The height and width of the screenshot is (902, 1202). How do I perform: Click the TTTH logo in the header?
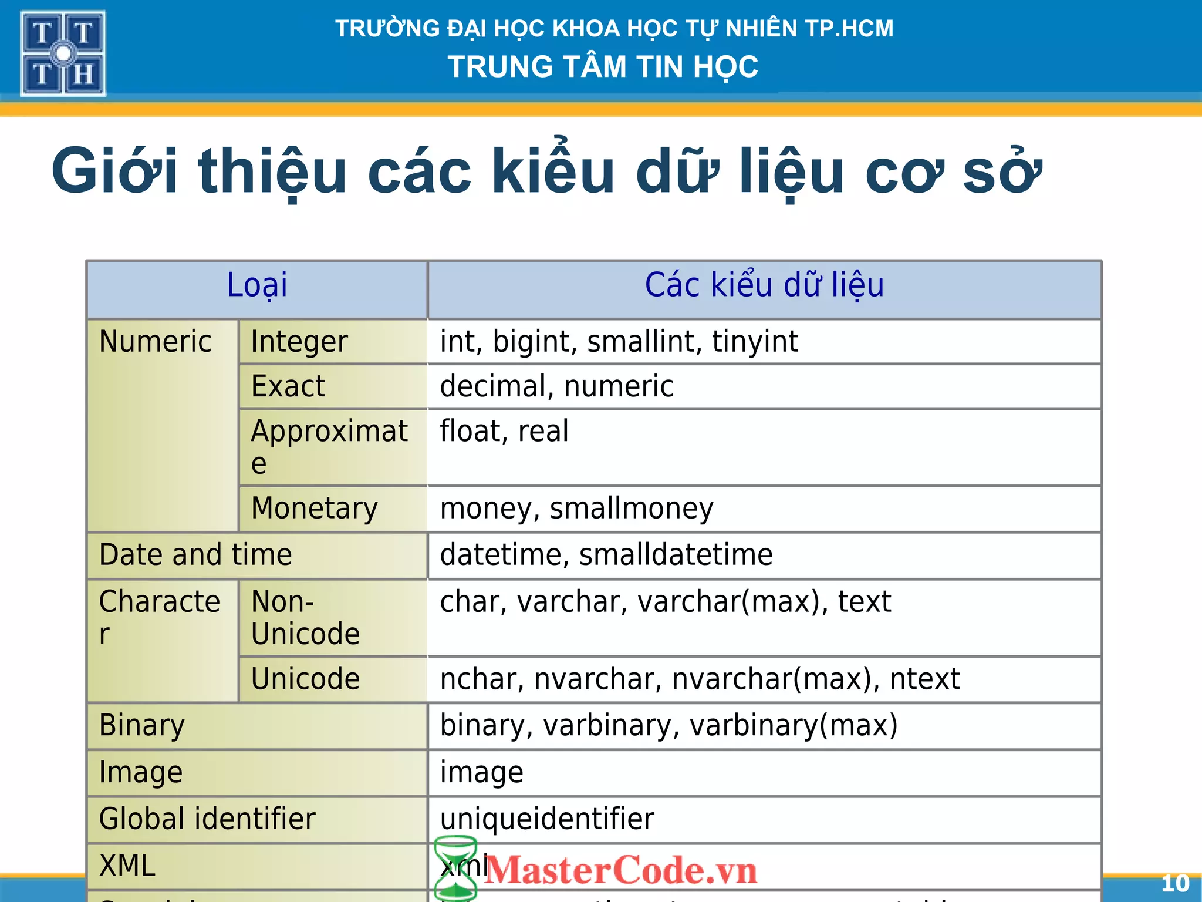(63, 53)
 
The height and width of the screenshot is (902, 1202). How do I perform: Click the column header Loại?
(257, 286)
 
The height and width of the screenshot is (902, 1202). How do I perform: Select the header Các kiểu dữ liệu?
(764, 286)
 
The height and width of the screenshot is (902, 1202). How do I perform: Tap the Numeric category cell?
(156, 342)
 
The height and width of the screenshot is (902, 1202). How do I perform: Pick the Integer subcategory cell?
(299, 342)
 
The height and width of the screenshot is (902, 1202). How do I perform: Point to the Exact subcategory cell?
(288, 386)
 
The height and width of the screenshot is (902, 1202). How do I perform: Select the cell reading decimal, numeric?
(556, 386)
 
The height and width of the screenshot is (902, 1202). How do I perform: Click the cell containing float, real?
(504, 432)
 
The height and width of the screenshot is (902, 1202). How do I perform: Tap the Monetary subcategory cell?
(315, 509)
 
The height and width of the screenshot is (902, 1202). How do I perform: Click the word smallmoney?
(632, 509)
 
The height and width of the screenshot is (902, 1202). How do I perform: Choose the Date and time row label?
(195, 555)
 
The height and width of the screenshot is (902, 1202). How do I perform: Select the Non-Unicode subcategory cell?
(305, 618)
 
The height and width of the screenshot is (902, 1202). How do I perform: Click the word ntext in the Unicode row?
(925, 679)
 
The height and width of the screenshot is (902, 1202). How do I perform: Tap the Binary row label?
(142, 726)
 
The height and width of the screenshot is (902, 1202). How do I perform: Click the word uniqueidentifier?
(547, 819)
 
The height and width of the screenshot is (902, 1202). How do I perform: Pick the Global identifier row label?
(207, 819)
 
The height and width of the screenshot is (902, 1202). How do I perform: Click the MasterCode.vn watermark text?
(621, 870)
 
